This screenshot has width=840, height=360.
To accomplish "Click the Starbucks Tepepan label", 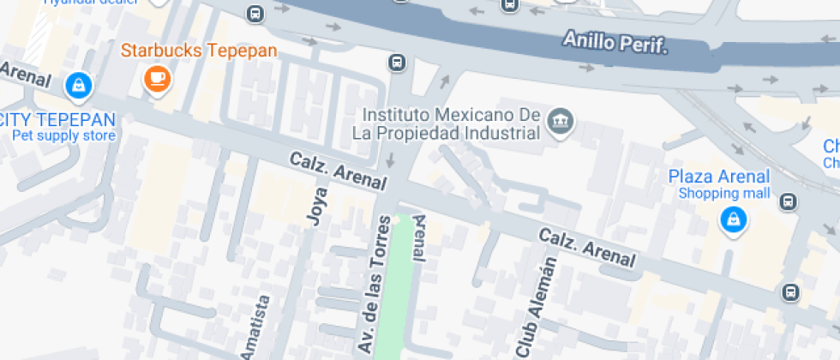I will [x=199, y=51].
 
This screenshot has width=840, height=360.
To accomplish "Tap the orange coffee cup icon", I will [x=157, y=79].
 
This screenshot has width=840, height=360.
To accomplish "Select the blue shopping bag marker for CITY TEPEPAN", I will [x=78, y=85].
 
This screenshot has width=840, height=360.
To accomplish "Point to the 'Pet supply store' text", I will [x=63, y=135].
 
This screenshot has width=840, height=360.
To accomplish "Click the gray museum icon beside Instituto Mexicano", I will [x=561, y=122].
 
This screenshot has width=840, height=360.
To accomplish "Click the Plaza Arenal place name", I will [x=718, y=177].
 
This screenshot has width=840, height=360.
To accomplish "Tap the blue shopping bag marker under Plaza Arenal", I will [x=734, y=219].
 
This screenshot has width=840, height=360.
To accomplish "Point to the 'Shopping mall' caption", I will [x=724, y=193].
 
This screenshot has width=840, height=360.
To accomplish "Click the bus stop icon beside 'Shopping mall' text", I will [x=789, y=202].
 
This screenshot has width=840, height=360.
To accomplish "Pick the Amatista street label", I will [x=255, y=328].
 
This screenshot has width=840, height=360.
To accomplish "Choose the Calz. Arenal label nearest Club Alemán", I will [x=587, y=247].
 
